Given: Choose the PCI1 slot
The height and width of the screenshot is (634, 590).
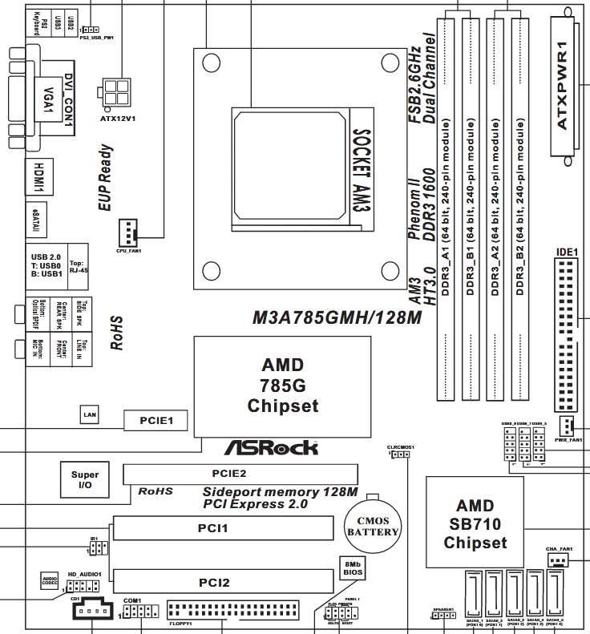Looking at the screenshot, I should [x=223, y=529].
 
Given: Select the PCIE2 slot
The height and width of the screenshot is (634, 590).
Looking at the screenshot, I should [x=228, y=474].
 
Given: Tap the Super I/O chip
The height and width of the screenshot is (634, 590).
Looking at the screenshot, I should [x=85, y=480].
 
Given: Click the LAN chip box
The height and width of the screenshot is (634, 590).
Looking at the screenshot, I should [x=91, y=414].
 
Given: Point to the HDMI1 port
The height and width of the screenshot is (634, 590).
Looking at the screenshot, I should [x=38, y=177].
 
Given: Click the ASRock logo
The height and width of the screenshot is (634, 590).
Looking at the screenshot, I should [x=271, y=449].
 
